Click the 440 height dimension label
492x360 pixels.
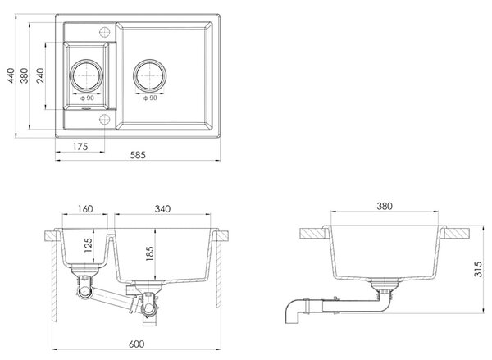[x=11, y=75]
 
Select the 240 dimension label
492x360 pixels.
[x=40, y=75]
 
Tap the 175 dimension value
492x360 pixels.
[x=80, y=147]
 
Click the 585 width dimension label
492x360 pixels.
[x=138, y=155]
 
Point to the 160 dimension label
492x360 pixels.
[x=85, y=209]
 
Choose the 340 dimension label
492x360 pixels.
[x=162, y=209]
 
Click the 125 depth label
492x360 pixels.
[x=89, y=245]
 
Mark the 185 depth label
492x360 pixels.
[x=150, y=253]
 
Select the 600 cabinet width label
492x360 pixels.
[x=137, y=344]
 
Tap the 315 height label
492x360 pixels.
[x=478, y=269]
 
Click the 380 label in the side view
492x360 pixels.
[x=385, y=206]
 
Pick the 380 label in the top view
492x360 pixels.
[x=24, y=75]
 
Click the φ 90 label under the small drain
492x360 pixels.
[x=87, y=98]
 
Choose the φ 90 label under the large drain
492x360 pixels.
[x=150, y=98]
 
